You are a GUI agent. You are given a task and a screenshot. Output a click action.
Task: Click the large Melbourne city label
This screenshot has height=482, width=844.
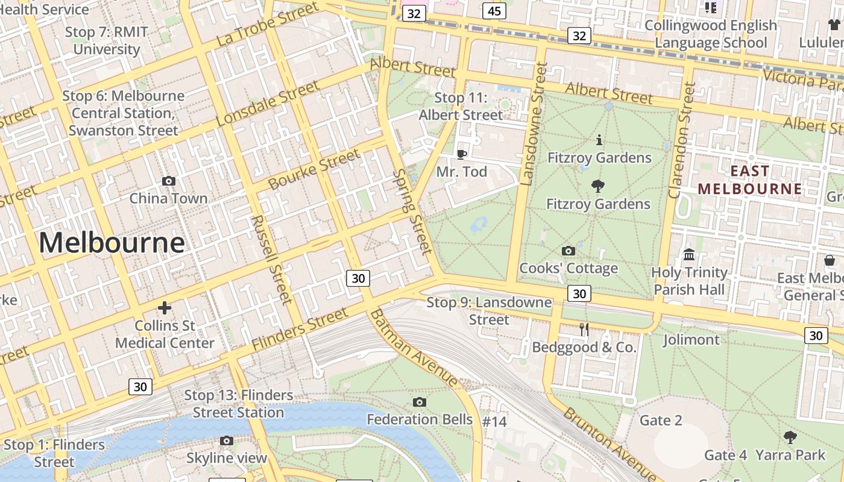(x=112, y=243)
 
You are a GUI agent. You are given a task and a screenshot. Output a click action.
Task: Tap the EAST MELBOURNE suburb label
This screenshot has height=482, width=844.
(x=750, y=180)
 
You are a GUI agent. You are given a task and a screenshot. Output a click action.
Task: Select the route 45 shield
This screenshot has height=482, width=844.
(x=494, y=11)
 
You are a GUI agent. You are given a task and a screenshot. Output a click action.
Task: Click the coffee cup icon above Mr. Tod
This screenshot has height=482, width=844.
(x=462, y=154)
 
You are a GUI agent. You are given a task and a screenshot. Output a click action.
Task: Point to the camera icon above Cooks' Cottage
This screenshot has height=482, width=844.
(x=568, y=251)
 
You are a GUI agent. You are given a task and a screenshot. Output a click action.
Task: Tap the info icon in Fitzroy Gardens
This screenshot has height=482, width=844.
(x=599, y=140)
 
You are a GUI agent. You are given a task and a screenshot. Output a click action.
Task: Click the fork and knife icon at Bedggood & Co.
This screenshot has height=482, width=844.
(x=584, y=329)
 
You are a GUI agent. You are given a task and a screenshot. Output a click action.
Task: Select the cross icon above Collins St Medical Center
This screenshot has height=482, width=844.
(x=164, y=308)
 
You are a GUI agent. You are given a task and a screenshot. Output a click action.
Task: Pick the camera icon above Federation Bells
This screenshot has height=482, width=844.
(x=420, y=402)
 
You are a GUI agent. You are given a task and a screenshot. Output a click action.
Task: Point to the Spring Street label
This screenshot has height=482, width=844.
(x=412, y=211)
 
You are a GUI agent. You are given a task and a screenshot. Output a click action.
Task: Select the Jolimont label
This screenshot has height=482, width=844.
(x=691, y=340)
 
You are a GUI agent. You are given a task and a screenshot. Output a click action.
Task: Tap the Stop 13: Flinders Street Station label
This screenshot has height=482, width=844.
(x=238, y=404)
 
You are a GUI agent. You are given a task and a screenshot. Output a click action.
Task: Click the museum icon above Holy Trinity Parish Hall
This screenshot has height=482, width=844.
(x=689, y=254)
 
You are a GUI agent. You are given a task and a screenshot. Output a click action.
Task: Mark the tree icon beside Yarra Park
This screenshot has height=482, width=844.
(x=790, y=437)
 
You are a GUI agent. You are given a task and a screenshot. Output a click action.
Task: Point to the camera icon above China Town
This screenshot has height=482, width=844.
(x=169, y=181)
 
